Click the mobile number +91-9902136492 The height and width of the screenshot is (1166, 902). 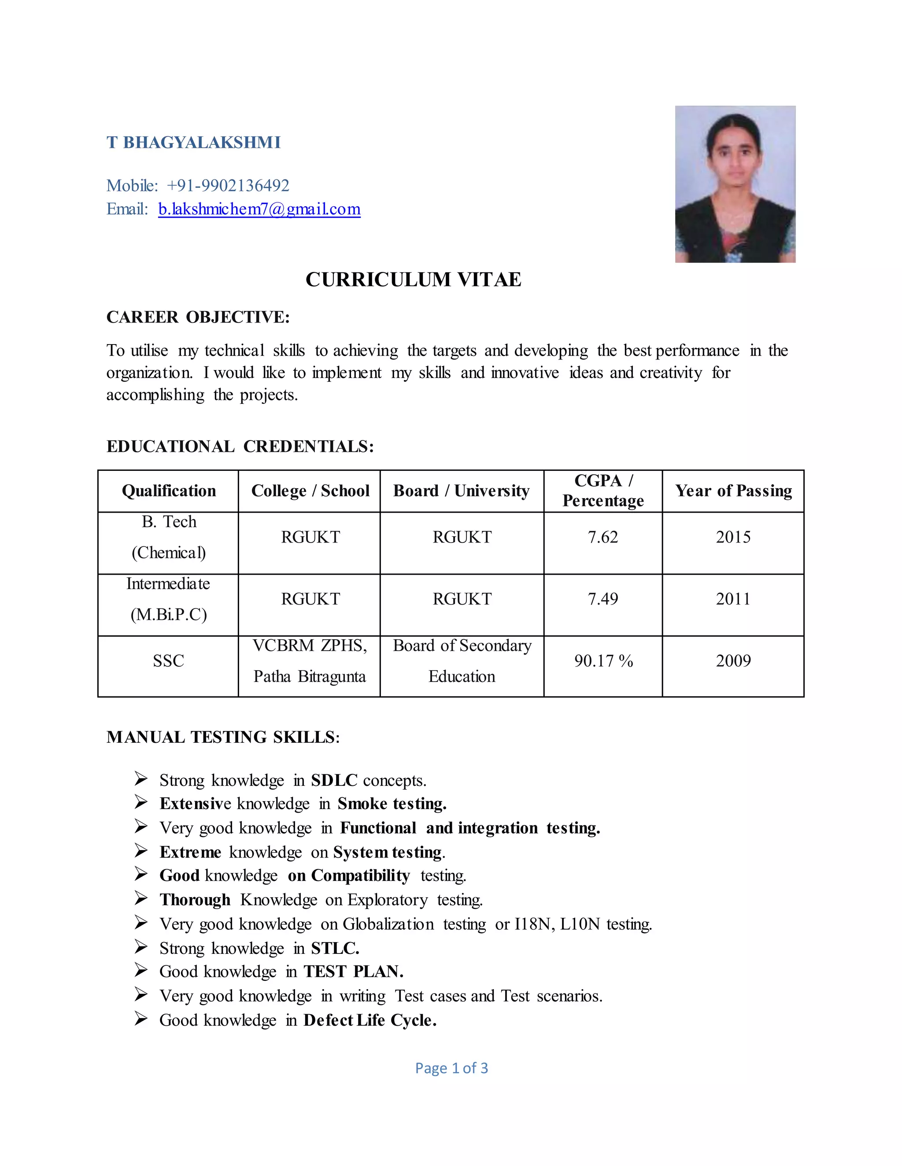228,185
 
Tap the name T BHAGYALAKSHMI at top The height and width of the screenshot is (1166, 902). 193,143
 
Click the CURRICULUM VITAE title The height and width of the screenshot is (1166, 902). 413,280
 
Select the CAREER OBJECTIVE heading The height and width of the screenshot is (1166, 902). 198,317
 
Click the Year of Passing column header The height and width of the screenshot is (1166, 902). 733,491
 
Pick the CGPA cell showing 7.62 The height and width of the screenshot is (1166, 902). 603,537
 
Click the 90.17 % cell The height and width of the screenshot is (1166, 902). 603,661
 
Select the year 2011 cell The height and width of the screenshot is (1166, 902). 733,599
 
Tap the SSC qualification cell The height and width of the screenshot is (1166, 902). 168,661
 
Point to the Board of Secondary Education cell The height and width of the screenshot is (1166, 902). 462,661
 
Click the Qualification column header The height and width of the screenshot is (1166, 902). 169,491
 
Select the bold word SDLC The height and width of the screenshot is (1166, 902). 334,781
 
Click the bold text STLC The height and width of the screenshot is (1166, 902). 335,948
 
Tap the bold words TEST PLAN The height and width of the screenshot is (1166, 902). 353,971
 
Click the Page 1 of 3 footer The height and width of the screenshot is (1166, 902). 451,1068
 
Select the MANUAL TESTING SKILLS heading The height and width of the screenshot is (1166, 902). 223,737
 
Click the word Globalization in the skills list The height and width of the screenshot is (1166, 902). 388,924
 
